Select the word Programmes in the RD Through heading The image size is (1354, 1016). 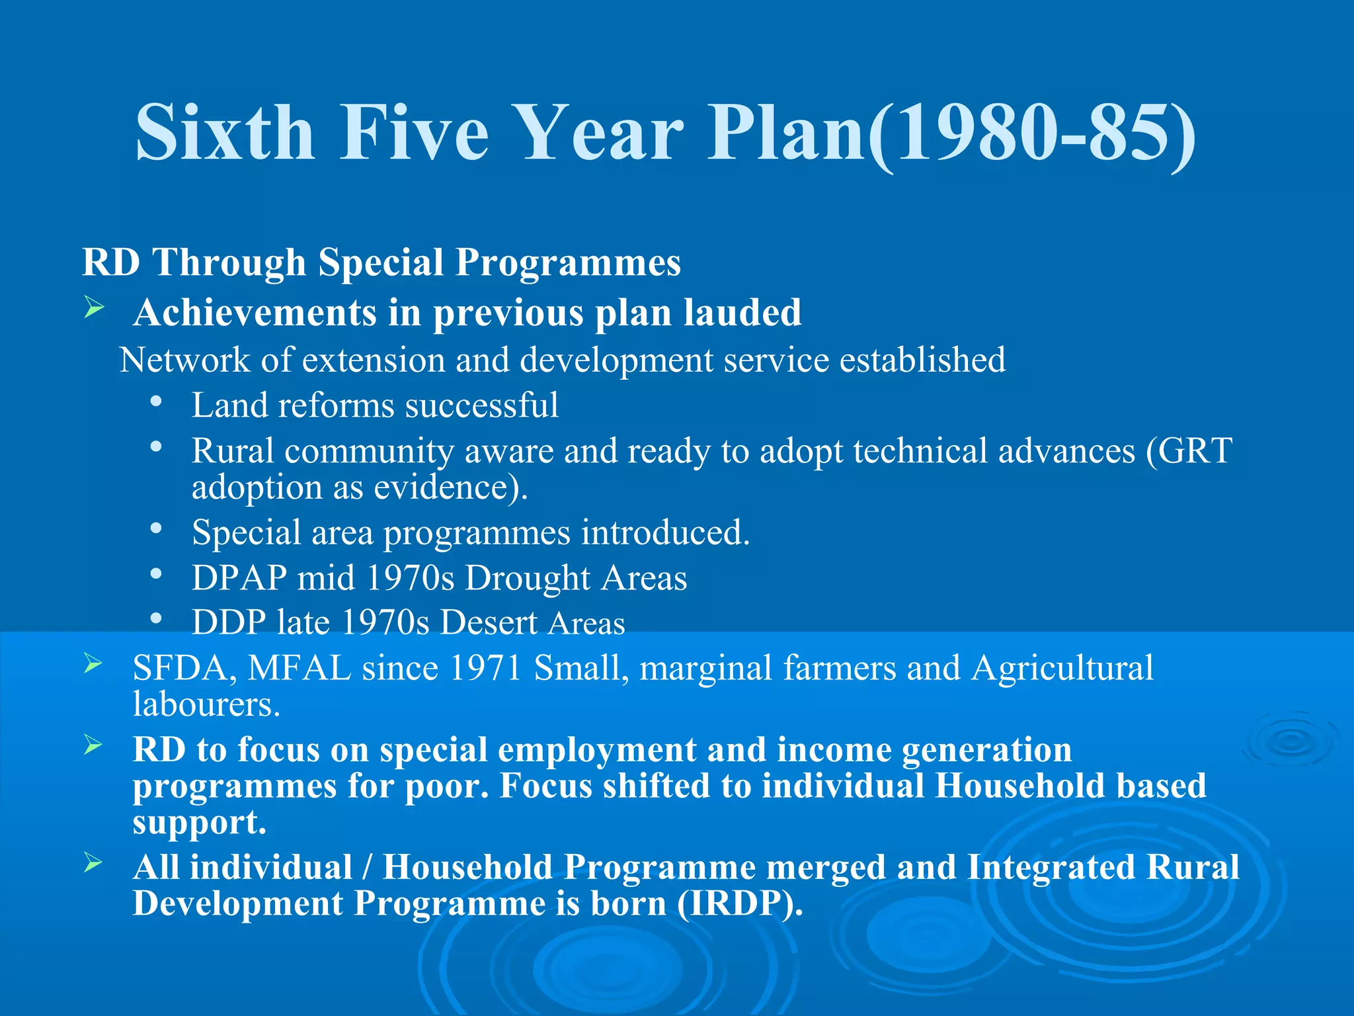[568, 263]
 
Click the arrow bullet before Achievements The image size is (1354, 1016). [95, 308]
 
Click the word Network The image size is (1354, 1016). [184, 360]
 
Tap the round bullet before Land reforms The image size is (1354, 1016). [156, 402]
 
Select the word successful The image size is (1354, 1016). [482, 405]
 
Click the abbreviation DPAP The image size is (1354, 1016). [239, 577]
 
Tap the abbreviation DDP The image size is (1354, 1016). [229, 622]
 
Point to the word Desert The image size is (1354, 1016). [489, 623]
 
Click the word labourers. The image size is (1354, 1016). [206, 704]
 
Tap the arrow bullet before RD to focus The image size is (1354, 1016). [94, 745]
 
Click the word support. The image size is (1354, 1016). [199, 822]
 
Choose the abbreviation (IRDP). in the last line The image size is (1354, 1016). [740, 904]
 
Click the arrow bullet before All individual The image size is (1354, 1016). [94, 863]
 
